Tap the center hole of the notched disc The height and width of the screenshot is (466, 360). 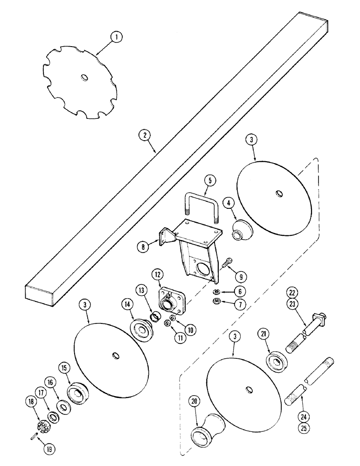pos(83,77)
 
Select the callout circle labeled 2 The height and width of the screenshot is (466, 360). pos(145,136)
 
